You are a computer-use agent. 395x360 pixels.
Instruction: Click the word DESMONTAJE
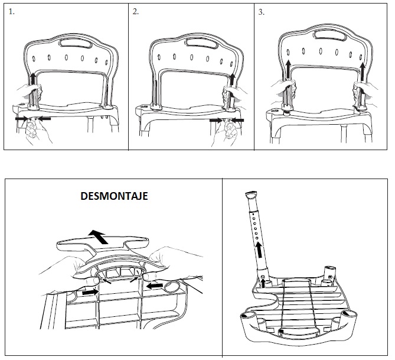(114, 196)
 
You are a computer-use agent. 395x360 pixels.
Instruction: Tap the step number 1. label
(12, 12)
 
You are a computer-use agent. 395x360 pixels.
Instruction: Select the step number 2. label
(136, 12)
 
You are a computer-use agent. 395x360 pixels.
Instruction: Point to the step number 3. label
(261, 12)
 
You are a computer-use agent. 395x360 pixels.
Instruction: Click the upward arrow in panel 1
(32, 79)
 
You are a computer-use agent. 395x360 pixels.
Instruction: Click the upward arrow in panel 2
(232, 79)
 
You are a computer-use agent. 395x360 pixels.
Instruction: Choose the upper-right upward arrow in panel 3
(363, 72)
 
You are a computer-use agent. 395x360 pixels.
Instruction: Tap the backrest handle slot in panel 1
(75, 43)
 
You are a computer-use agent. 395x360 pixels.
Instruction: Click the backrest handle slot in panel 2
(201, 43)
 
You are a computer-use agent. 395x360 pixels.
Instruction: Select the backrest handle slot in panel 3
(330, 35)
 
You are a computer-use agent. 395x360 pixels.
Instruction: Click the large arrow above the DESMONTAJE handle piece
(99, 236)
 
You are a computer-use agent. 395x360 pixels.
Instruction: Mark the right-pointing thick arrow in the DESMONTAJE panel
(90, 292)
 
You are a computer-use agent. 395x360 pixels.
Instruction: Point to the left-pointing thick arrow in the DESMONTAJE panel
(154, 286)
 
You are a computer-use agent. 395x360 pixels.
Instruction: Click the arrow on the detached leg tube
(259, 250)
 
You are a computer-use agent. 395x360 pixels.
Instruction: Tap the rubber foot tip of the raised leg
(251, 194)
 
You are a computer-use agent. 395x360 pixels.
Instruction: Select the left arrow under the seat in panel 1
(21, 118)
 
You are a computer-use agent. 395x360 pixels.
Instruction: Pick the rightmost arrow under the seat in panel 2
(237, 121)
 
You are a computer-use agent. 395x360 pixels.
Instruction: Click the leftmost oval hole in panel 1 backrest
(34, 59)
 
